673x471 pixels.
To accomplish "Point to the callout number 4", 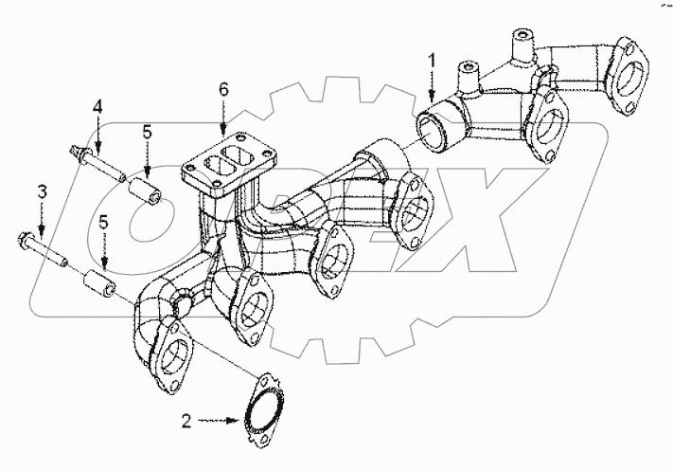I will pyautogui.click(x=97, y=111).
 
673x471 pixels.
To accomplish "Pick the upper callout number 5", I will pyautogui.click(x=147, y=133).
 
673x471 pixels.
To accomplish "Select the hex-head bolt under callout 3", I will pyautogui.click(x=43, y=245).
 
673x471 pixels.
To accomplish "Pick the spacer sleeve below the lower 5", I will pyautogui.click(x=99, y=282).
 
